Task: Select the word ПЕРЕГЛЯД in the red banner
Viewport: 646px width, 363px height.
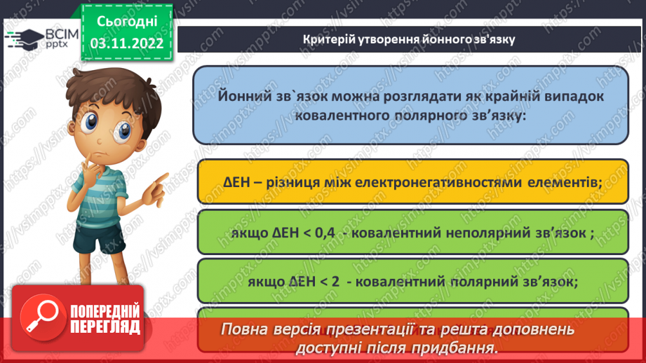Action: tap(105, 327)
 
